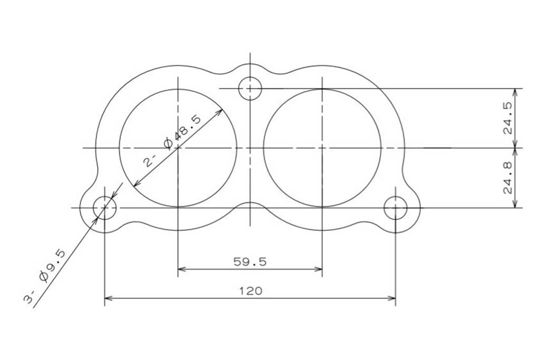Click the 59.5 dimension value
(x=250, y=262)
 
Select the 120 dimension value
(x=250, y=291)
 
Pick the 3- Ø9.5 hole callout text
(x=44, y=277)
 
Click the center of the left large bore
(x=178, y=148)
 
